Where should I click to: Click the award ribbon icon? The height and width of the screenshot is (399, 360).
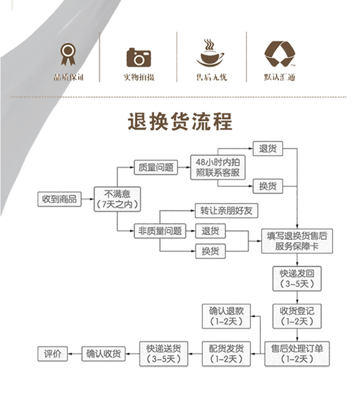coord(69,54)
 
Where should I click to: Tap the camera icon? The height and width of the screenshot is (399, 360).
coord(139,57)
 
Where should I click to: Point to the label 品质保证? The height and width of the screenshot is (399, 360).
coord(69,77)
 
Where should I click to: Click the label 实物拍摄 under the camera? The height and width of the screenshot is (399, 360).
coord(139,77)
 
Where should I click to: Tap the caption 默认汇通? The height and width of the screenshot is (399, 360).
coord(279,77)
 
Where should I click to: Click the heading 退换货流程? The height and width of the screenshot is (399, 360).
coord(180,122)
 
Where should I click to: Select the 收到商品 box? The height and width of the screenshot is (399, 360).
coord(59,199)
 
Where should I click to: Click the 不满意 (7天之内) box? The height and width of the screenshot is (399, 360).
coord(117,199)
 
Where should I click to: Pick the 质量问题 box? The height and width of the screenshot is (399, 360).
coord(156,167)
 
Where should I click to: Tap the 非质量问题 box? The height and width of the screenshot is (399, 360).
coord(159,231)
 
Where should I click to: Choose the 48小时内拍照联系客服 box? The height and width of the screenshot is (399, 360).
coord(217,167)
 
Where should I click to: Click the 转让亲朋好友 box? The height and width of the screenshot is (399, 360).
coord(226,211)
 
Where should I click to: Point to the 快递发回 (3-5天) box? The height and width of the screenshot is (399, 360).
coord(297,279)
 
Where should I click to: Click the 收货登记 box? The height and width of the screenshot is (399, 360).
coord(297,316)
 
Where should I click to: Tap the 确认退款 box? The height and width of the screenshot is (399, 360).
coord(226,316)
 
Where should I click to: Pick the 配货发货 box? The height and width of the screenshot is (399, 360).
coord(226,353)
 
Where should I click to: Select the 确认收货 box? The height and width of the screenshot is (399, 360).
coord(103,353)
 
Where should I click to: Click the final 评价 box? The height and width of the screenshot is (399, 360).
coord(52,353)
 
